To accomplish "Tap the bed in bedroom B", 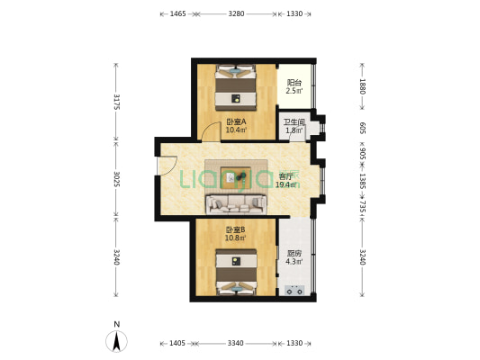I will coord(236,272).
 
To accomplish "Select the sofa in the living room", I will coord(236,203).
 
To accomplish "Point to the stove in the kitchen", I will coord(294,290).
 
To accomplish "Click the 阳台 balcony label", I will coord(294,82).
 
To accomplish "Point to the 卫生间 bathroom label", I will coord(294,122).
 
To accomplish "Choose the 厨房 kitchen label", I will coord(294,254).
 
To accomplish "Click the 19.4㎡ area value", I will coord(287,184).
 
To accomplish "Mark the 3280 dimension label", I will coord(236,14).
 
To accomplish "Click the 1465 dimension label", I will coord(177,14).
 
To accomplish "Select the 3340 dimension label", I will coord(236,344).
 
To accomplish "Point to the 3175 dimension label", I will coord(116,101).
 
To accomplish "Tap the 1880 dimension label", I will coord(362,87).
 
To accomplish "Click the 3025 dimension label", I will coord(116,178).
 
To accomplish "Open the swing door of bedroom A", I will coord(209,131).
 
